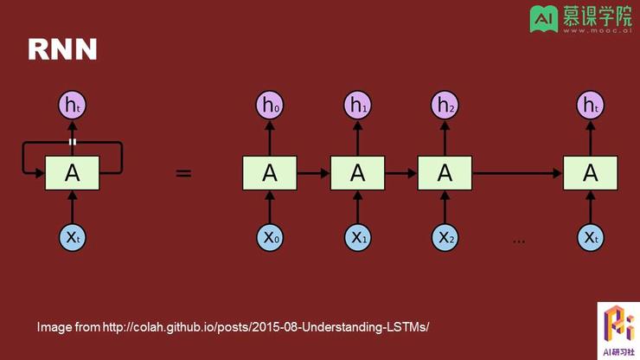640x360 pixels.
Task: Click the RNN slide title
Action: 62,49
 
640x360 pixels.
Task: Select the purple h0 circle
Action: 270,105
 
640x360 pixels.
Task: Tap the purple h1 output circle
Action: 357,105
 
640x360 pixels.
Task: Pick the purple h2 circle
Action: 445,105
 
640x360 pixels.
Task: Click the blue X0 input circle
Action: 270,237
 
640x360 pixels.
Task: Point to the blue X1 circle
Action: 357,237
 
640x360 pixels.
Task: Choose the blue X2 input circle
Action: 445,237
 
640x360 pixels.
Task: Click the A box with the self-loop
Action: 73,173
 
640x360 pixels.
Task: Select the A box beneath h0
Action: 270,173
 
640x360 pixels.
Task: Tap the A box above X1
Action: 357,173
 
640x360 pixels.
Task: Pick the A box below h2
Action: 445,173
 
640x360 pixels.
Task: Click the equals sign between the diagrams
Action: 183,173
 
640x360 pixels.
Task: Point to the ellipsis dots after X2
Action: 519,242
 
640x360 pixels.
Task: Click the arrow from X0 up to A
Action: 270,207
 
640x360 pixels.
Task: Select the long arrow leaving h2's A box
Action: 517,173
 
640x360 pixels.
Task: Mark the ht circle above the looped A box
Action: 73,105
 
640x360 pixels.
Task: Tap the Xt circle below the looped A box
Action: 73,237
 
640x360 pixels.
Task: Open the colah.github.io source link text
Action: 266,327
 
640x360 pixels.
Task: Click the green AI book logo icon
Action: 544,18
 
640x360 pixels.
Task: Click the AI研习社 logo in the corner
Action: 618,331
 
